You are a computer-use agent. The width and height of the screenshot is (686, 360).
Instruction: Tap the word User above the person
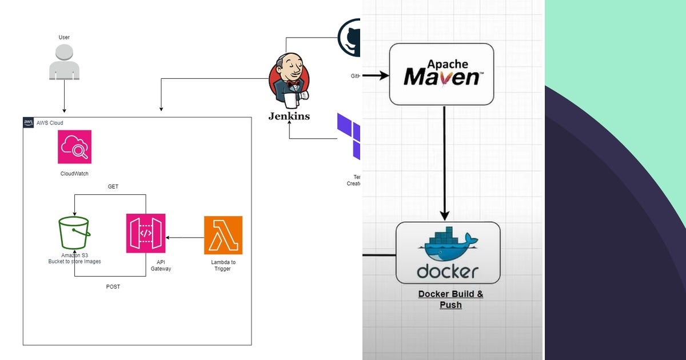(64, 38)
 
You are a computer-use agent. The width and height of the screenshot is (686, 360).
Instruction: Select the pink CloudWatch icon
(74, 147)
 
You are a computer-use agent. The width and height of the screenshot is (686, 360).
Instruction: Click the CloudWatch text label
(74, 174)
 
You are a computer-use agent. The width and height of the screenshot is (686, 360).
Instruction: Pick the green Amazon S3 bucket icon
(74, 233)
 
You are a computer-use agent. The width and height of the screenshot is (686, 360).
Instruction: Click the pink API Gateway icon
(146, 233)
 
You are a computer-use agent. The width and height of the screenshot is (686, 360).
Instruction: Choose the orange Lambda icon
(223, 235)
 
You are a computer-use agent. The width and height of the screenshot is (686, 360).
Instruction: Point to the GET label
(113, 187)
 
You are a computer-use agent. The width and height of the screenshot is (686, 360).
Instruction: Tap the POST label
(113, 287)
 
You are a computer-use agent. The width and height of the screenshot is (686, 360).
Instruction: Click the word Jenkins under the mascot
(289, 117)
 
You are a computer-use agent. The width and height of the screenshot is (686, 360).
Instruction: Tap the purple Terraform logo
(350, 136)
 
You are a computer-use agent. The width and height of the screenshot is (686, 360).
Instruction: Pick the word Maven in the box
(441, 77)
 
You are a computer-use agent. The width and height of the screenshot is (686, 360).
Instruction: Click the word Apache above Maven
(445, 64)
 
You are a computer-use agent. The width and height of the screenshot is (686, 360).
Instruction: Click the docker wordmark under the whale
(448, 271)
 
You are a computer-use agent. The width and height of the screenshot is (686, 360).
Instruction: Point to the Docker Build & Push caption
(450, 299)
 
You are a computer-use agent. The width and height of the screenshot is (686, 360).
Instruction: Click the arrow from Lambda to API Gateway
(185, 237)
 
